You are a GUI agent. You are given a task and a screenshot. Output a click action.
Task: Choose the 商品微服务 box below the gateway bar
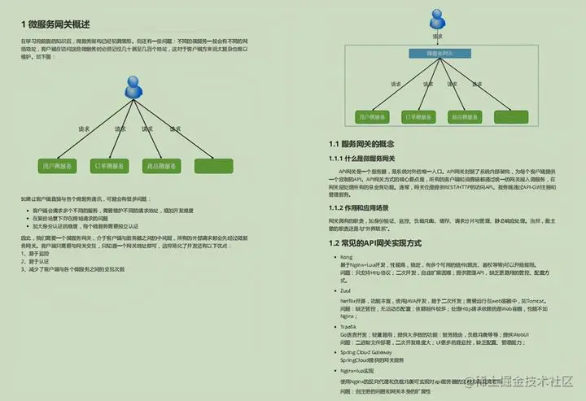tap(464, 117)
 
